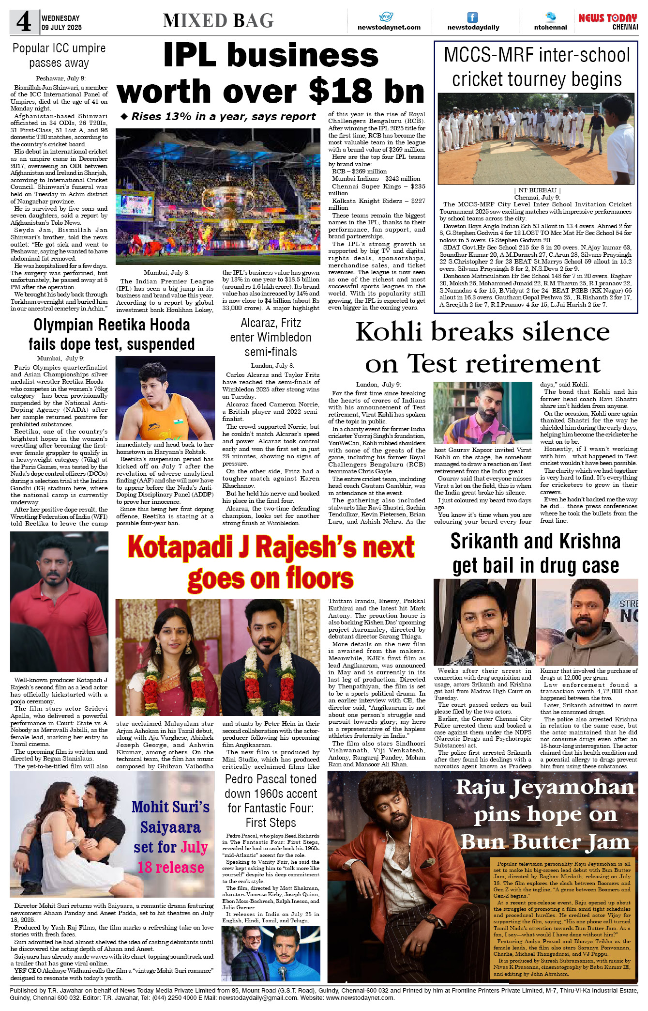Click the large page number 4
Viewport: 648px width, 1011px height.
coord(24,22)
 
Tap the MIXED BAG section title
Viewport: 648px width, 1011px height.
coord(218,21)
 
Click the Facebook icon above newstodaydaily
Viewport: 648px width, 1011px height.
coord(472,17)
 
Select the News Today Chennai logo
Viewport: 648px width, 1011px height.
coord(608,21)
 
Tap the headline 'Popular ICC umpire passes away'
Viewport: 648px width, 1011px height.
coord(59,55)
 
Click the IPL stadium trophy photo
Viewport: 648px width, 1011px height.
coord(218,196)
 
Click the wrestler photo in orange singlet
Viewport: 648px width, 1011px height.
coord(165,398)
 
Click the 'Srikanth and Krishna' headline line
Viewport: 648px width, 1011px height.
coord(535,542)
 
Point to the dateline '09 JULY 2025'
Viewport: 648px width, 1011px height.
coord(61,28)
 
